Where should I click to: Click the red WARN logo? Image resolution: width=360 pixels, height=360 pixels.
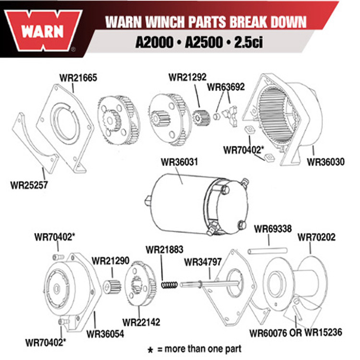[43, 30]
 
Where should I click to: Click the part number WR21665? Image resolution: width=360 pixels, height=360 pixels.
[78, 78]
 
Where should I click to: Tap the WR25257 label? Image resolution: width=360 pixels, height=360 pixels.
[29, 185]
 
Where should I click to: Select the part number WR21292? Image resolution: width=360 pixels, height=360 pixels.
[187, 77]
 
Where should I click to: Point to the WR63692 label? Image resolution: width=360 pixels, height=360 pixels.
[226, 87]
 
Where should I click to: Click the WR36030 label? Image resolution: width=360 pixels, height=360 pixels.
[326, 162]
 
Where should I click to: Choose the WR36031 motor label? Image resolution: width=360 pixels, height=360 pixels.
[179, 162]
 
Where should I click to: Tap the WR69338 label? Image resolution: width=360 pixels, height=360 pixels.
[273, 229]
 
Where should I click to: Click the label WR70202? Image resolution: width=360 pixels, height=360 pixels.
[316, 237]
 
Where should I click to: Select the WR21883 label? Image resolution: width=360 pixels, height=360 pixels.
[164, 250]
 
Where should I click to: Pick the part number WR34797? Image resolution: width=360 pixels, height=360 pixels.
[202, 262]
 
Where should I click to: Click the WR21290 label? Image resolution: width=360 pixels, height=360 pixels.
[110, 261]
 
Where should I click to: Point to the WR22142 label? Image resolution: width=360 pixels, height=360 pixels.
[141, 322]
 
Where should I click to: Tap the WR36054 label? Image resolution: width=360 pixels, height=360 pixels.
[105, 334]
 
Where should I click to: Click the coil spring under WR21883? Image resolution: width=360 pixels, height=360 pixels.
[169, 285]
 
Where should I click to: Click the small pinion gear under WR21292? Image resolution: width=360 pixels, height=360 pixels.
[201, 118]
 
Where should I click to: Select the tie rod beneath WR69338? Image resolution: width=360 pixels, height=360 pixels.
[268, 251]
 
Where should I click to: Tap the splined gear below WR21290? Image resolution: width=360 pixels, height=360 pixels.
[112, 287]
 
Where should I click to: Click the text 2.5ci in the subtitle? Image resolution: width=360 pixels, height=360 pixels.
[248, 42]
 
